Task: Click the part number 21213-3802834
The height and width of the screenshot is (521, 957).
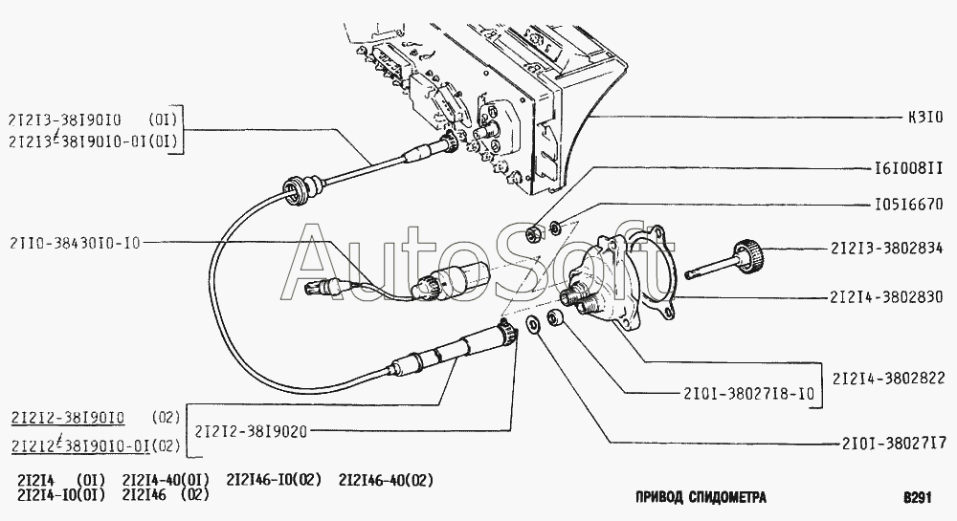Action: point(886,248)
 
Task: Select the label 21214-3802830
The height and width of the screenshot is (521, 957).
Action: point(886,297)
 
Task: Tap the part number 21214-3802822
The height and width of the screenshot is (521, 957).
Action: point(888,378)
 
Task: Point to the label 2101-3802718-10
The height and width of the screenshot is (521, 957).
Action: point(749,394)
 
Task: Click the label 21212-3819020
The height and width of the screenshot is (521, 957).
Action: point(252,431)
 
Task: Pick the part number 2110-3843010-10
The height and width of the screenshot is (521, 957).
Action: point(75,243)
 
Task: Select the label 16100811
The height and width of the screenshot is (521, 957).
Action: point(909,167)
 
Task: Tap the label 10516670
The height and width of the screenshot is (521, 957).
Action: point(909,204)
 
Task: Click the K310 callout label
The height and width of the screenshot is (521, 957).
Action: point(925,117)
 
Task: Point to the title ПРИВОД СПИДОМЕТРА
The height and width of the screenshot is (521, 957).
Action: point(701,497)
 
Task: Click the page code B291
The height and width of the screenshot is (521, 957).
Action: point(918,497)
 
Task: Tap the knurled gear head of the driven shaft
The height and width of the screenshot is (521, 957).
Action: point(747,254)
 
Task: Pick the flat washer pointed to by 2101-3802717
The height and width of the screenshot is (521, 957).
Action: point(531,325)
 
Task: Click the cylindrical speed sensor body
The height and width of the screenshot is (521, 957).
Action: point(461,276)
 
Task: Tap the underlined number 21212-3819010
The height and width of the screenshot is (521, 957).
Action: point(68,418)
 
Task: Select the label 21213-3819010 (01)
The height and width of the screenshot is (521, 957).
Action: point(93,119)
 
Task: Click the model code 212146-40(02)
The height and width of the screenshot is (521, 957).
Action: point(386,480)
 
